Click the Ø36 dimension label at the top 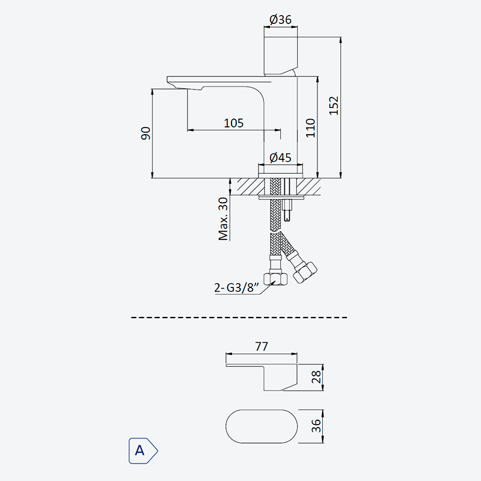pyautogui.click(x=280, y=20)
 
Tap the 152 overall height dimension pyautogui.click(x=334, y=106)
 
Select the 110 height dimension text pyautogui.click(x=310, y=128)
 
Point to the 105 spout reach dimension pyautogui.click(x=234, y=123)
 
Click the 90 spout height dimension pyautogui.click(x=146, y=133)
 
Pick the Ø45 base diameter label pyautogui.click(x=280, y=158)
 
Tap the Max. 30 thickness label pyautogui.click(x=223, y=219)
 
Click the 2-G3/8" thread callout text pyautogui.click(x=236, y=288)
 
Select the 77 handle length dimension pyautogui.click(x=262, y=346)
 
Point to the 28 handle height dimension pyautogui.click(x=316, y=377)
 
